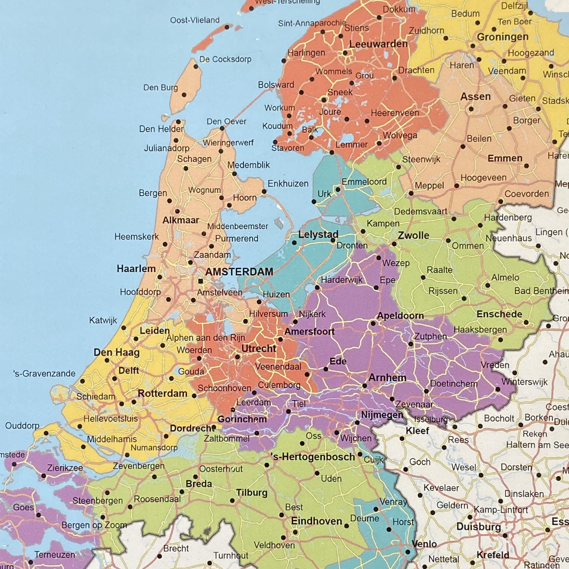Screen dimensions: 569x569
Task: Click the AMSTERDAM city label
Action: tap(239, 271)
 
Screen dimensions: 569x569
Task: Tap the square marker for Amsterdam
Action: tap(201, 281)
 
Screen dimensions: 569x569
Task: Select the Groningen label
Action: tap(502, 37)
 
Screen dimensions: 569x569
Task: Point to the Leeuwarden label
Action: tap(378, 44)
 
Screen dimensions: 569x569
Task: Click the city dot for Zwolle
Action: tap(394, 244)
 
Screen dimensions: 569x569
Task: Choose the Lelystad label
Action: tap(318, 235)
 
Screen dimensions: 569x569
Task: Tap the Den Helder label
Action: tap(161, 129)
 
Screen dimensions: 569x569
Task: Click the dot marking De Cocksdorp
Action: tap(196, 67)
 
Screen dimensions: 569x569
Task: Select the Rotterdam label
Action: tap(163, 393)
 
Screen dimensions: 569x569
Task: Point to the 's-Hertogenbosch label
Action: tap(313, 457)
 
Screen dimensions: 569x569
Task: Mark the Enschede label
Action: tap(500, 314)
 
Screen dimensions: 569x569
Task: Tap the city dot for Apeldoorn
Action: tap(373, 323)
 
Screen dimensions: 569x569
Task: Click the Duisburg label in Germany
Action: tap(479, 526)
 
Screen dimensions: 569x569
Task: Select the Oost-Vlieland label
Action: tap(195, 20)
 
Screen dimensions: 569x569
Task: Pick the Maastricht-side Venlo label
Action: tap(424, 544)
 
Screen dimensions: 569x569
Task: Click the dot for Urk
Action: tap(314, 202)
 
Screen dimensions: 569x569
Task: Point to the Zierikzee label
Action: tap(65, 468)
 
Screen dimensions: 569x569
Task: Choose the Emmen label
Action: tap(505, 158)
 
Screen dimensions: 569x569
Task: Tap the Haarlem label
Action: tap(136, 269)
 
